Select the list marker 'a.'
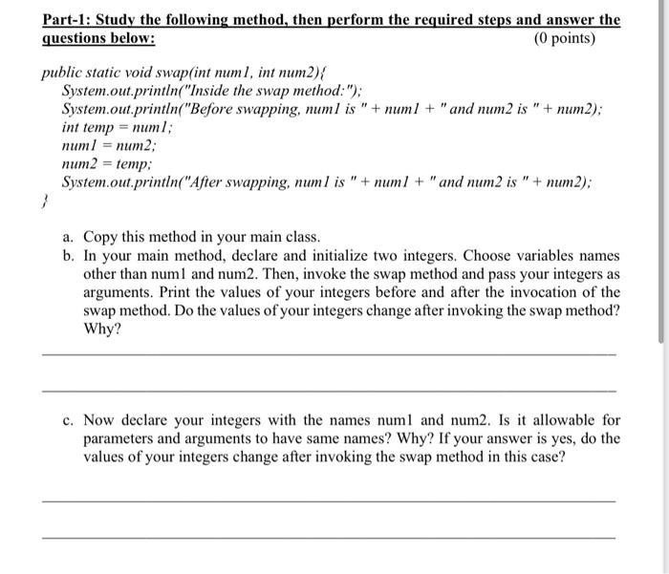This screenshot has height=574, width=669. click(x=70, y=236)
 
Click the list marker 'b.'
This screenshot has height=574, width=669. click(x=70, y=256)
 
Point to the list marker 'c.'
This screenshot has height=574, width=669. click(x=70, y=420)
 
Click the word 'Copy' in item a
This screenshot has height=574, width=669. click(x=101, y=236)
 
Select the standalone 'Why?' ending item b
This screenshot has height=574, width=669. click(x=102, y=329)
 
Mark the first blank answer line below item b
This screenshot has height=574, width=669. click(x=330, y=355)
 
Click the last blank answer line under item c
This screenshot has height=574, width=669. click(x=330, y=537)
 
